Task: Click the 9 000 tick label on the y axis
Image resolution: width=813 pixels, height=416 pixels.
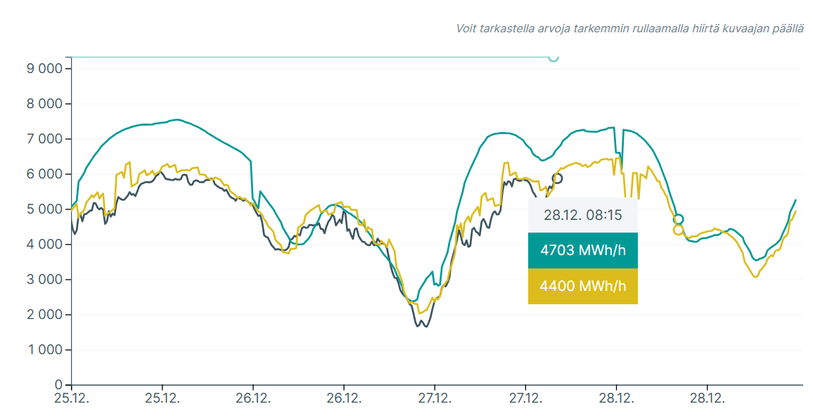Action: point(44,69)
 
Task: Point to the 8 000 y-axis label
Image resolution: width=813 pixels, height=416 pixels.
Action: point(44,104)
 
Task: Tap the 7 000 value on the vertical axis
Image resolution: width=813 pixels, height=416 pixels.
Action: point(44,139)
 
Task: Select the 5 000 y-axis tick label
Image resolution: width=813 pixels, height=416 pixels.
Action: point(44,209)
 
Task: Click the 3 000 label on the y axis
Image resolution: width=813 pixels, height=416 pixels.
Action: point(44,280)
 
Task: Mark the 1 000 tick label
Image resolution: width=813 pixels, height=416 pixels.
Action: point(44,350)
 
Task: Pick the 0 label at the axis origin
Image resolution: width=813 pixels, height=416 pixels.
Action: point(58,385)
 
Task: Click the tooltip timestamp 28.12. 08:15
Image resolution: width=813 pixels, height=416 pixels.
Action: point(583,215)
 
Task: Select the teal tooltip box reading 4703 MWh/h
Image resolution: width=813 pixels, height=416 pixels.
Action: point(583,251)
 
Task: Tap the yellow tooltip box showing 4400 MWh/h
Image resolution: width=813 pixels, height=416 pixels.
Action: point(583,286)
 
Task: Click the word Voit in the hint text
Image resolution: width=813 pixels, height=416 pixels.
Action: point(466,29)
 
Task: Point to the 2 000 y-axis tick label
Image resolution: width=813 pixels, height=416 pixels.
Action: point(44,315)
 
